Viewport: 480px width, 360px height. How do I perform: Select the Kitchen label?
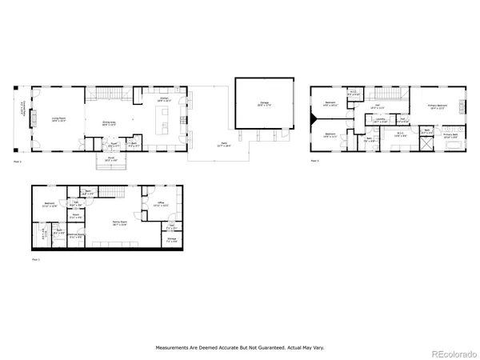pyautogui.click(x=164, y=100)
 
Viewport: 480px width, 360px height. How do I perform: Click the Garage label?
pyautogui.click(x=263, y=102)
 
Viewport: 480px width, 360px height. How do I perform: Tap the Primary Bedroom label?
pyautogui.click(x=436, y=106)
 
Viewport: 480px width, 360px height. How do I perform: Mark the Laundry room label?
pyautogui.click(x=381, y=121)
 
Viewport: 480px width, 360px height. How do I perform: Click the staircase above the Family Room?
pyautogui.click(x=116, y=192)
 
